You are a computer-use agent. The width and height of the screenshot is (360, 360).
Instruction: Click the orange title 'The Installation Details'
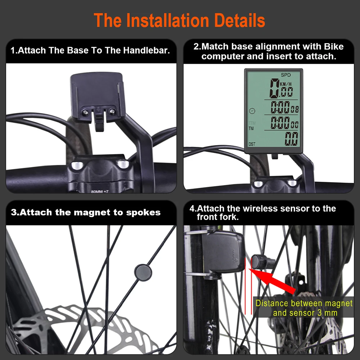(179, 20)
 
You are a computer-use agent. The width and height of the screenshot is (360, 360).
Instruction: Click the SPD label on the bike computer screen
(285, 75)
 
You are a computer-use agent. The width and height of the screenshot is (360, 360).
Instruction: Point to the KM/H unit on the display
(285, 84)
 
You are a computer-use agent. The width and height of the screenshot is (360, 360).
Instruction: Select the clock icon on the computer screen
(252, 111)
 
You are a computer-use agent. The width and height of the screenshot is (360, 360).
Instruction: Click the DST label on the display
(252, 144)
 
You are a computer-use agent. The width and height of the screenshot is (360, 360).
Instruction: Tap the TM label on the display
(251, 129)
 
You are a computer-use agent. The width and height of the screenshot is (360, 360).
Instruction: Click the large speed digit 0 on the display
(274, 88)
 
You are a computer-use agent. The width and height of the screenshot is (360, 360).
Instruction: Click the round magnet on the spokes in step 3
(143, 273)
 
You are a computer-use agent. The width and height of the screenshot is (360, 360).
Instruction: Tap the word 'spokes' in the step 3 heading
(143, 213)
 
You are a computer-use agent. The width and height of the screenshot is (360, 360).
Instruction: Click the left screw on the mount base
(85, 112)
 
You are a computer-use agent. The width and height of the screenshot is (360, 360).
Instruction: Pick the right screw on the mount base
(112, 112)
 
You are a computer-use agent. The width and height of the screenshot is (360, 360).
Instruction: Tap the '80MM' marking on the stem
(96, 192)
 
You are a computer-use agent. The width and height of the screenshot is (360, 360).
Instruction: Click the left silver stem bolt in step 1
(77, 165)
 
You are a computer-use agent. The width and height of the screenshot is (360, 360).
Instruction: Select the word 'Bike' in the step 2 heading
(334, 46)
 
